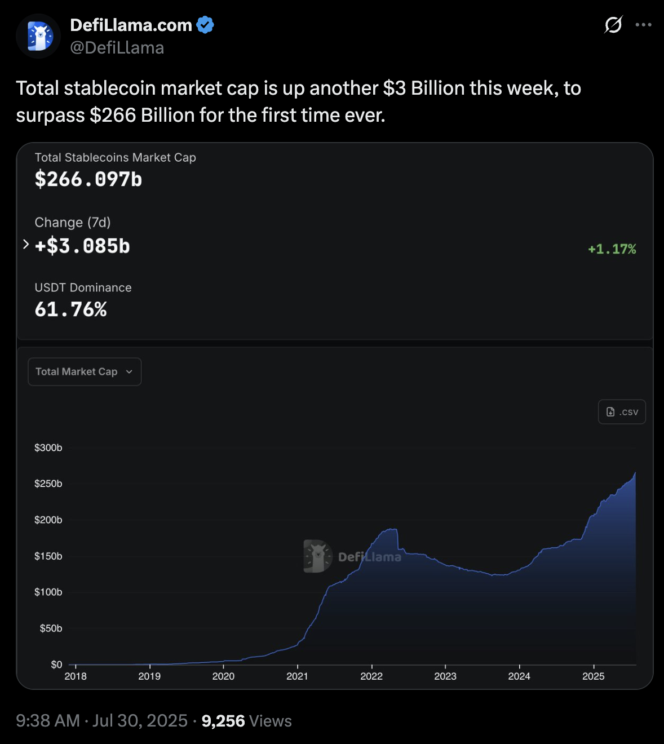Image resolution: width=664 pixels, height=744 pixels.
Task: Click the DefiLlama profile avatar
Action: click(38, 37)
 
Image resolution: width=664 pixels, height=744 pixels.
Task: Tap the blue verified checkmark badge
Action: click(205, 25)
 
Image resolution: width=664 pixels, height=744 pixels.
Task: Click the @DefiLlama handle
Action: click(117, 48)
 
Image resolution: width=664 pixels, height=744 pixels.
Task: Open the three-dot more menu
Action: click(643, 25)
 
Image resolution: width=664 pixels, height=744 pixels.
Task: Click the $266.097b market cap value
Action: click(88, 179)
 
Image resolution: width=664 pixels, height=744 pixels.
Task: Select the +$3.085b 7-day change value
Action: click(82, 246)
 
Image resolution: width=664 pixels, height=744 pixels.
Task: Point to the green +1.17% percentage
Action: click(612, 249)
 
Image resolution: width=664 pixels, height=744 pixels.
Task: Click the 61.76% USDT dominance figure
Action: click(71, 309)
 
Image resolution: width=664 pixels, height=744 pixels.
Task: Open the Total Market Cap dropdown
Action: click(85, 372)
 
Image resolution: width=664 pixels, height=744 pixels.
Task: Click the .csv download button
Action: click(622, 412)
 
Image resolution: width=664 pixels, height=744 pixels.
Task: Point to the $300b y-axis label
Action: click(48, 448)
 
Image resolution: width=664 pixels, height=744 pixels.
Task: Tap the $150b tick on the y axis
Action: click(48, 556)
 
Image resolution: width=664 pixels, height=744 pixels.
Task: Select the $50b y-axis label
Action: click(51, 628)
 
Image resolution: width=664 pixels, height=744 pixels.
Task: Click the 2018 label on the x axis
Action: click(76, 676)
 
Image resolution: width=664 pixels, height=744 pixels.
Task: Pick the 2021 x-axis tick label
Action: click(297, 676)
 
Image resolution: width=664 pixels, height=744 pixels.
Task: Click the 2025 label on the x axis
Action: click(593, 676)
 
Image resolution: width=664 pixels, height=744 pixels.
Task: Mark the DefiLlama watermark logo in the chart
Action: click(318, 556)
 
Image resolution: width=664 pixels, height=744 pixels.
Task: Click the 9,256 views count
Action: click(223, 721)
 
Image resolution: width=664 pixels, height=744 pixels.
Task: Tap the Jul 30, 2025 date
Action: click(140, 721)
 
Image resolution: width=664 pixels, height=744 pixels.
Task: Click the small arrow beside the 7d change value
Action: click(26, 244)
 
